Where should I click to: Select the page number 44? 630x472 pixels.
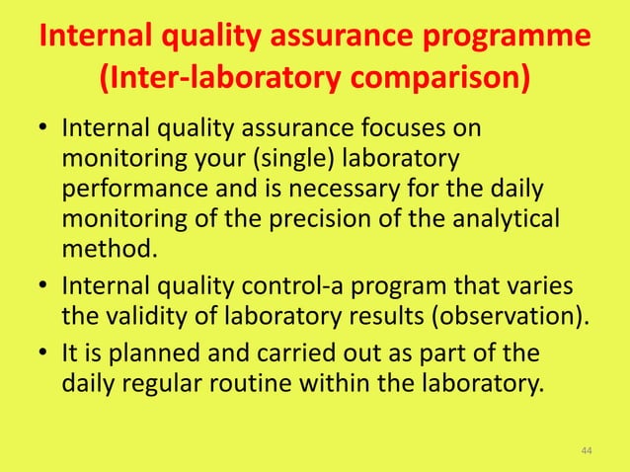click(x=587, y=451)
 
